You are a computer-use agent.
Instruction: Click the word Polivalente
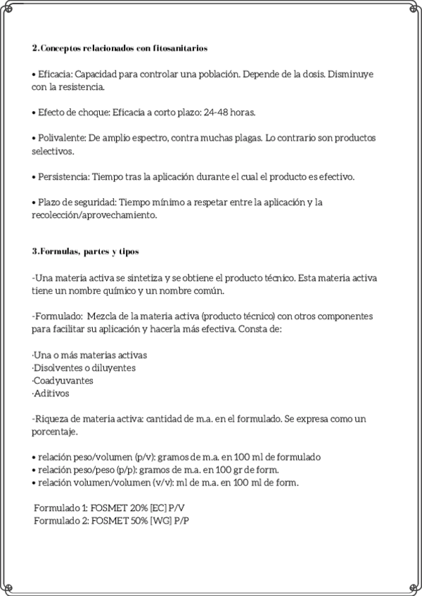(62, 138)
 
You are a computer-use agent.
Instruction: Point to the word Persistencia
(64, 176)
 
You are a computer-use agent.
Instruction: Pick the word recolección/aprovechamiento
(94, 215)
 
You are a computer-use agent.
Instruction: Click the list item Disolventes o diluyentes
(84, 368)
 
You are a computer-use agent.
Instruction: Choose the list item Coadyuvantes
(63, 380)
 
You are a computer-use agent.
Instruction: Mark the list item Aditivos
(51, 393)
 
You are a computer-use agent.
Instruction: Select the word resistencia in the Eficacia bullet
(82, 87)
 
